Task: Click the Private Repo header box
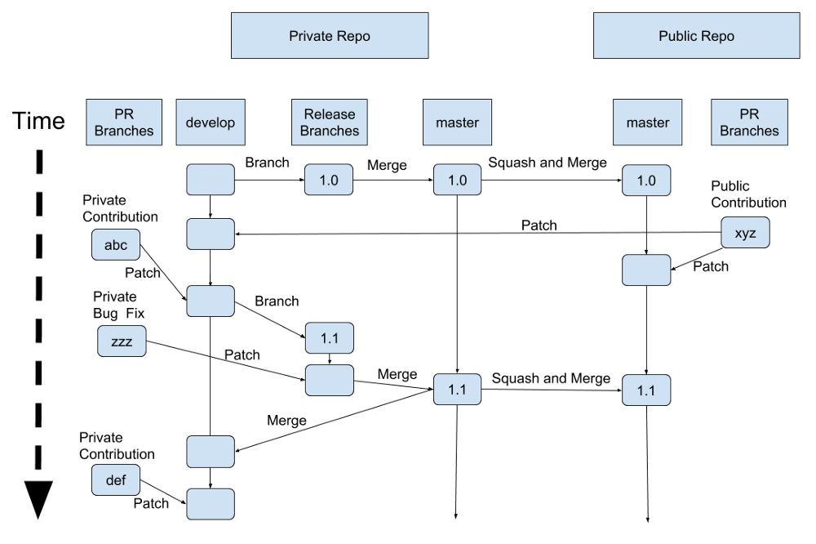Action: pos(330,36)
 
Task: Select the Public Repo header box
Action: pos(696,36)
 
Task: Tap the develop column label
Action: pos(210,123)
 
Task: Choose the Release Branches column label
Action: pos(329,123)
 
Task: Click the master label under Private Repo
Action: pos(457,123)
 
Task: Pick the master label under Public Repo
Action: pos(647,123)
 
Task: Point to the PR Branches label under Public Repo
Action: pos(749,123)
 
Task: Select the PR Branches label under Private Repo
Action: pos(124,123)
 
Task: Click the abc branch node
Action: pos(116,244)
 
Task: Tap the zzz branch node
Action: pos(122,341)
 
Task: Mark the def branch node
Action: pos(116,479)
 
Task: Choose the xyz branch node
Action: pos(745,233)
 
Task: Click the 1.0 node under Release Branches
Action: pos(329,180)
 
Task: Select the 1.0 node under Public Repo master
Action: pos(646,180)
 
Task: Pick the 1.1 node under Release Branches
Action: pos(329,337)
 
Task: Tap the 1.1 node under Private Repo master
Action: pos(457,390)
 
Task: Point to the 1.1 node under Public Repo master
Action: pos(646,390)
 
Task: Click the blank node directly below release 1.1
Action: pos(329,380)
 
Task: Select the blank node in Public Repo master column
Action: pos(646,270)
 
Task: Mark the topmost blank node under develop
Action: pos(210,180)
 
